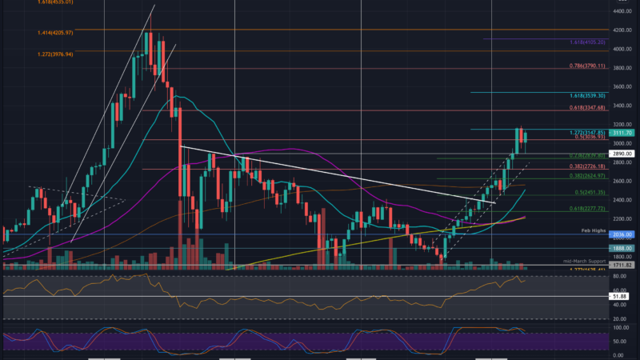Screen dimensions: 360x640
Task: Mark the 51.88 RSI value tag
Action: pos(623,296)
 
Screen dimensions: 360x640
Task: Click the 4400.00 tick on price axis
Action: pos(623,11)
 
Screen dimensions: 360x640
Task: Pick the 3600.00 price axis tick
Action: pos(623,86)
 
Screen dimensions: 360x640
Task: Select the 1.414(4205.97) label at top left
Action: pos(55,33)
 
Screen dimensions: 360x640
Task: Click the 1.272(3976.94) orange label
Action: pos(55,54)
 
